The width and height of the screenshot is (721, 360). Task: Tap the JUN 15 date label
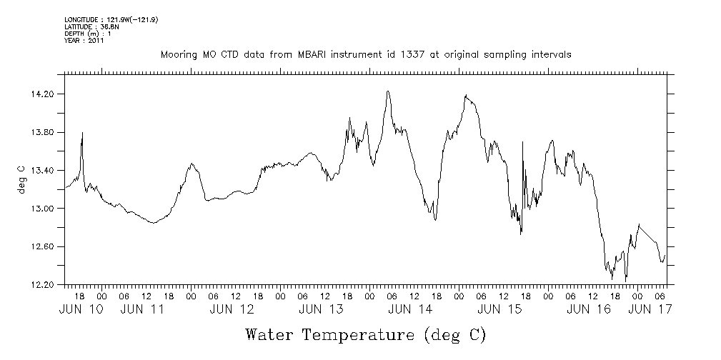pyautogui.click(x=499, y=309)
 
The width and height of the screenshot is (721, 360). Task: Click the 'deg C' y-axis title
pyautogui.click(x=21, y=179)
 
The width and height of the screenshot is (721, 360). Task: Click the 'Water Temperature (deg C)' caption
pyautogui.click(x=366, y=334)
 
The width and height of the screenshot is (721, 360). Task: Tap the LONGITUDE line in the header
pyautogui.click(x=111, y=19)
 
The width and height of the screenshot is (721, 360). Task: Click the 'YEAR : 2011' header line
pyautogui.click(x=84, y=41)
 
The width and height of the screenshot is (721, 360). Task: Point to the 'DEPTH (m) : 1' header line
pyautogui.click(x=87, y=34)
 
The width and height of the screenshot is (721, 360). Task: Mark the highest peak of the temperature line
pyautogui.click(x=388, y=91)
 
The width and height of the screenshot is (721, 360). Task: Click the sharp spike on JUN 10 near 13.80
pyautogui.click(x=83, y=133)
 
